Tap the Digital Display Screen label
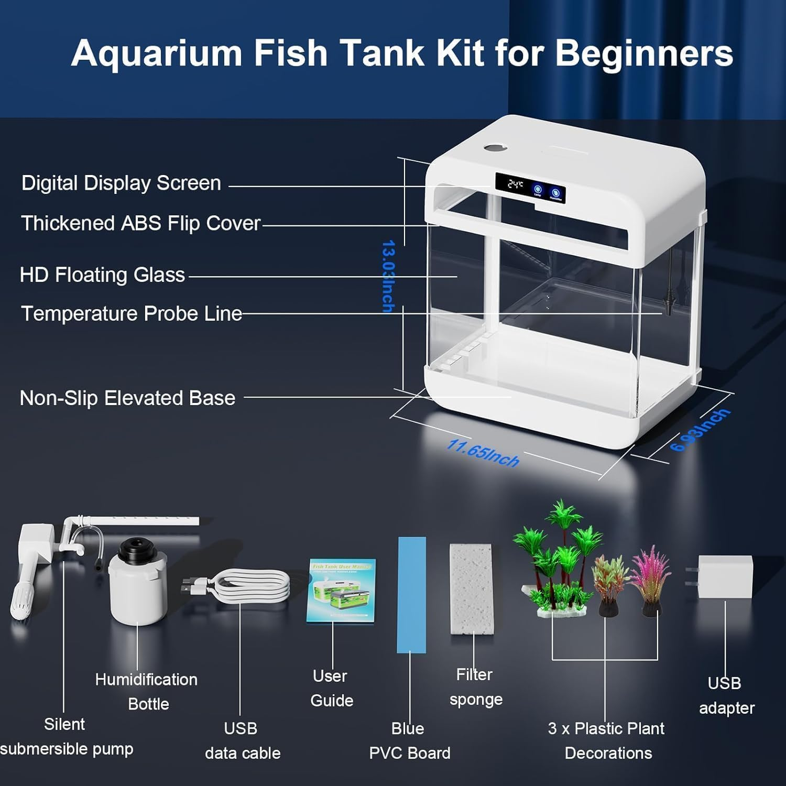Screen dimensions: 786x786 tap(121, 183)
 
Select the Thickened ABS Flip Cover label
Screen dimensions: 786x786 tap(140, 223)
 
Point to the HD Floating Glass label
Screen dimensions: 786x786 tap(102, 275)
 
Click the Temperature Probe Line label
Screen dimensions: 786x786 tap(132, 313)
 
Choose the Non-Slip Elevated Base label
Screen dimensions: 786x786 tap(127, 398)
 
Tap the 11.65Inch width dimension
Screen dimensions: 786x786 tap(482, 453)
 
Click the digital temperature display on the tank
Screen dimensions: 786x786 tap(516, 184)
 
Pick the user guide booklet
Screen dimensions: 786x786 tap(341, 591)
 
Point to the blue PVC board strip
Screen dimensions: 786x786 tap(411, 594)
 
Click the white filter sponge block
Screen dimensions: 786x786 tap(471, 588)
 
